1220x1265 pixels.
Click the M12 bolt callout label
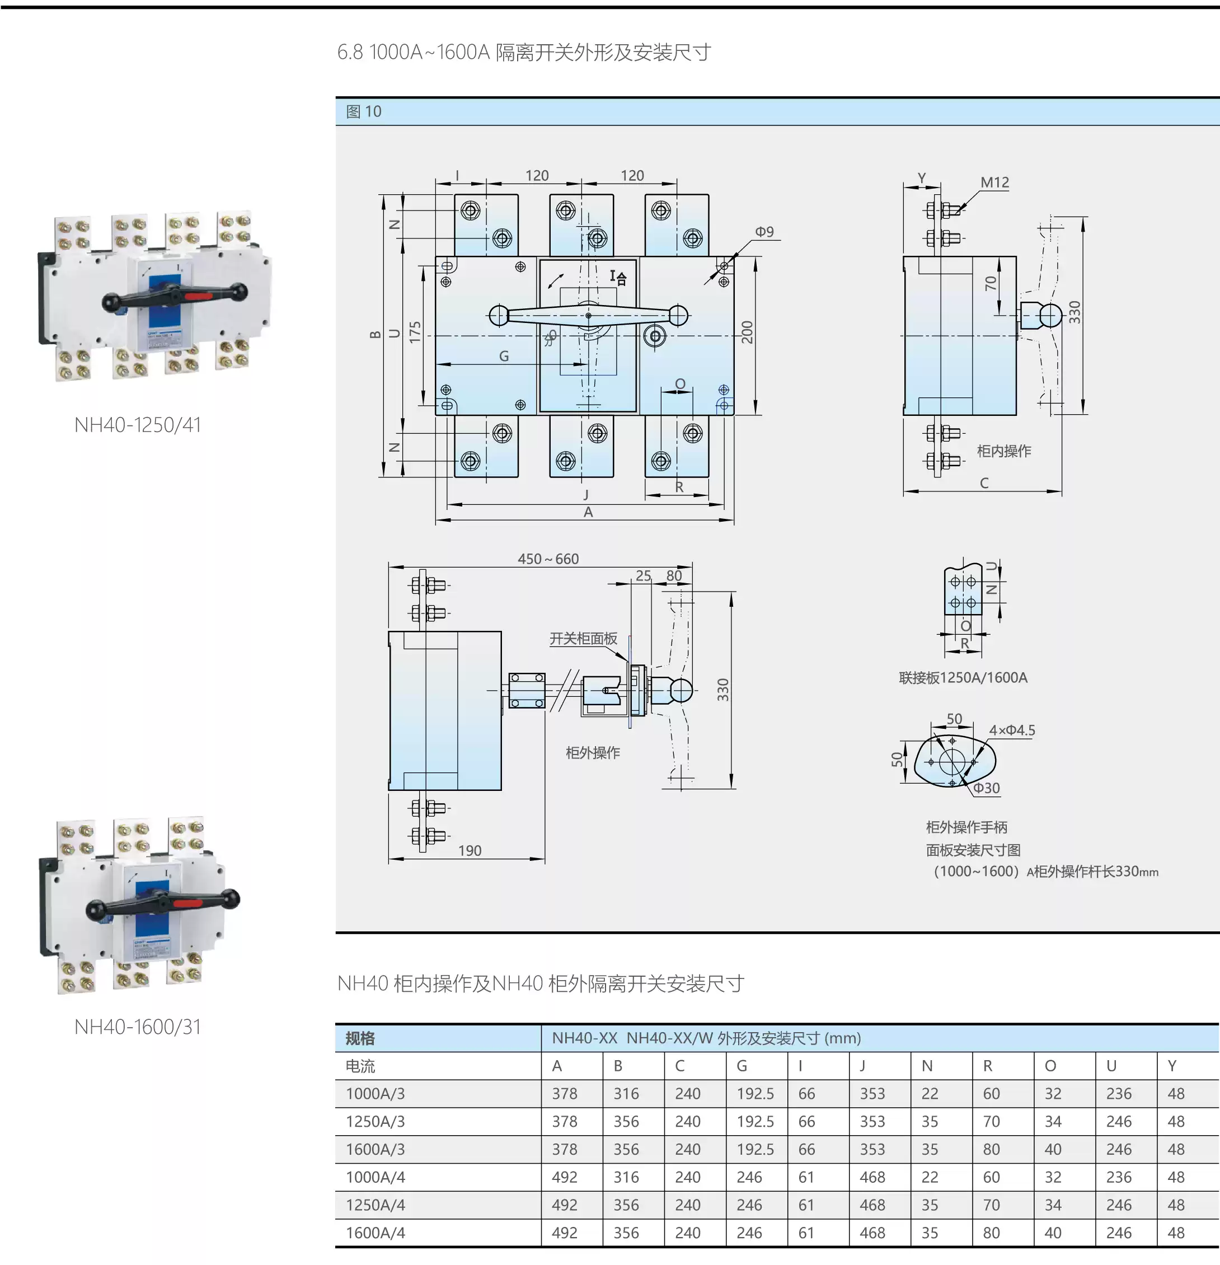[994, 182]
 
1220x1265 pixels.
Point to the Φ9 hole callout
[764, 232]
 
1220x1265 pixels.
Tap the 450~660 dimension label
[548, 559]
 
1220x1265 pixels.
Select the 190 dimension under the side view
[470, 851]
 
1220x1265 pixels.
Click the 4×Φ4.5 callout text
[1012, 730]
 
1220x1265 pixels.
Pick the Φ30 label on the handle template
[987, 788]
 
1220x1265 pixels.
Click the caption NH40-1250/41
[138, 425]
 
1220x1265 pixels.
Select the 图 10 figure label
[364, 111]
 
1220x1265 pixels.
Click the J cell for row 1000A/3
[872, 1094]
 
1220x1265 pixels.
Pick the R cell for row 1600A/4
[991, 1233]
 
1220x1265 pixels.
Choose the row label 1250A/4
[376, 1205]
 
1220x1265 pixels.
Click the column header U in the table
[1111, 1066]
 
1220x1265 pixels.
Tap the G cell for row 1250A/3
[755, 1122]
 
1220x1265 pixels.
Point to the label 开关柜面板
[583, 638]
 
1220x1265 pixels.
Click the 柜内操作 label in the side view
[1004, 451]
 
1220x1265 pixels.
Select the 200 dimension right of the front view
[747, 332]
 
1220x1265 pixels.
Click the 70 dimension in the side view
[991, 283]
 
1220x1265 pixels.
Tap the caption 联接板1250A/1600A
[963, 678]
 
